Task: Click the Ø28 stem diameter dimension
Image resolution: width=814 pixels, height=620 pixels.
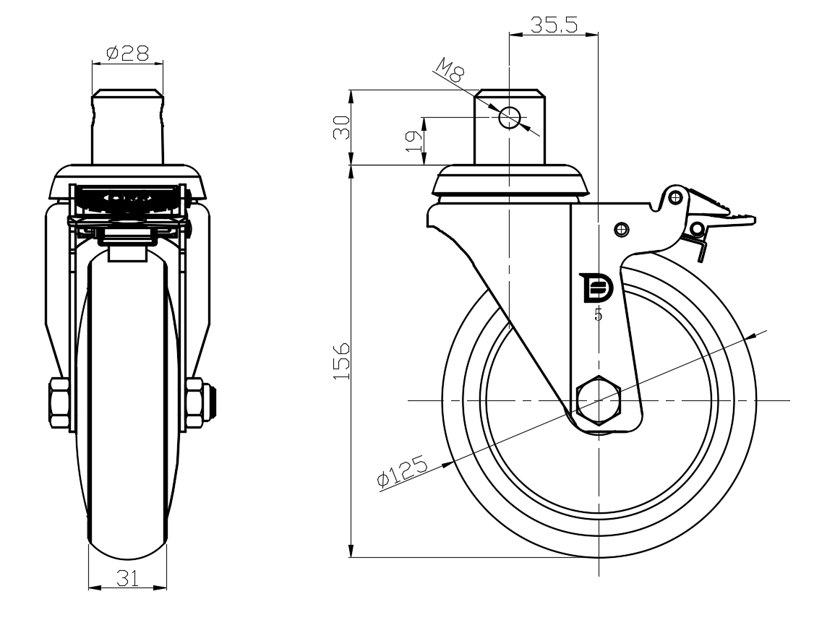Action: (x=127, y=53)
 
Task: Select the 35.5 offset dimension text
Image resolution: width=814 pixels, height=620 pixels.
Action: (x=554, y=25)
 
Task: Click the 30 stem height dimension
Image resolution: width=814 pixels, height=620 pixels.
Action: (x=340, y=128)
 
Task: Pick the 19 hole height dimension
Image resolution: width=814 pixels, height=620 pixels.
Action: (x=414, y=141)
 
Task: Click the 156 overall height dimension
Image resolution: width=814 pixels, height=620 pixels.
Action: (x=340, y=361)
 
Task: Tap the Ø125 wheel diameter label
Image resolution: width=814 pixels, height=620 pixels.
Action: (x=403, y=472)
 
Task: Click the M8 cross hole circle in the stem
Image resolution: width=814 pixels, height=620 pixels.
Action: (x=509, y=117)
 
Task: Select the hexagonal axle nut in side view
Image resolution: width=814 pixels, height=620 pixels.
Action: (x=599, y=400)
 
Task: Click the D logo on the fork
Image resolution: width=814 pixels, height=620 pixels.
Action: (x=598, y=288)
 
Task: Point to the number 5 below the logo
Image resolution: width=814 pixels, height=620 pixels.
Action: (x=599, y=314)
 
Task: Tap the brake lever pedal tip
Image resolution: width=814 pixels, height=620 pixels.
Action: (x=749, y=220)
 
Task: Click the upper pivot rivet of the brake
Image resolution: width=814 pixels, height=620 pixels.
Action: (x=675, y=197)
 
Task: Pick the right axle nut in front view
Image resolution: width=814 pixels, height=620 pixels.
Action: (x=195, y=403)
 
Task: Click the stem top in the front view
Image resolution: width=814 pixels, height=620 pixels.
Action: (x=128, y=93)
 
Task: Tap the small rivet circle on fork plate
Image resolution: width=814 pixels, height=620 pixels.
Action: (x=622, y=229)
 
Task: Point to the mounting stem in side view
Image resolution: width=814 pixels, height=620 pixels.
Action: (x=509, y=128)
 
